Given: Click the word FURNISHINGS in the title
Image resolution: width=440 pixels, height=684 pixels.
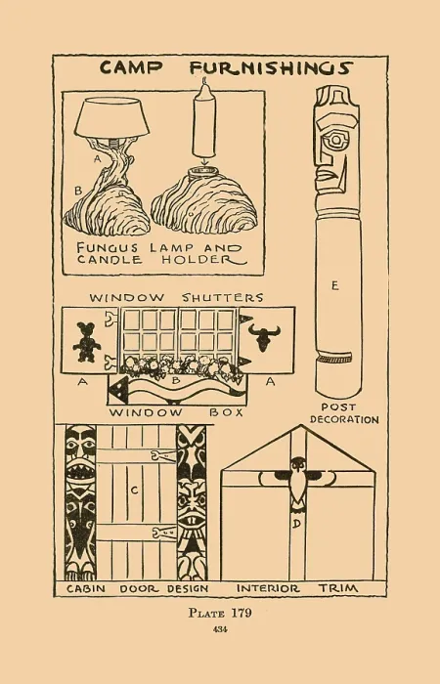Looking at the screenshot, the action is (x=271, y=68).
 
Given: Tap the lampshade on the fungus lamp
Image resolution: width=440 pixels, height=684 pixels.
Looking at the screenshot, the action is (x=111, y=117).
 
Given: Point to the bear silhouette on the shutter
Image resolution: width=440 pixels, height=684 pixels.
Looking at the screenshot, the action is (x=87, y=342).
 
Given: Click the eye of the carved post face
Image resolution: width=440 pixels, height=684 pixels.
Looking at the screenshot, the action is (x=337, y=141).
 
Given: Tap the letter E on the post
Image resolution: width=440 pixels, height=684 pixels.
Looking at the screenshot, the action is (x=334, y=285).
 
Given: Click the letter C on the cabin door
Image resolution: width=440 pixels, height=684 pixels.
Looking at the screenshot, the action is (x=135, y=491).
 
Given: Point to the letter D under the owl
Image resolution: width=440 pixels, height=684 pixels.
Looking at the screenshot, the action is (x=296, y=524).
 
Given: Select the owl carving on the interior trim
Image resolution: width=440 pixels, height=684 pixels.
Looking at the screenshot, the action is (x=298, y=481).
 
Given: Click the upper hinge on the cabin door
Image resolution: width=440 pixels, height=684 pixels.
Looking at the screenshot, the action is (x=163, y=456).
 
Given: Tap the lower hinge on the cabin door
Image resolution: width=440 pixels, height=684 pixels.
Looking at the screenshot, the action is (x=164, y=533).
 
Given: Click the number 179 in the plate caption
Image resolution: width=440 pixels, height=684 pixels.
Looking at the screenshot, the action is (x=241, y=613).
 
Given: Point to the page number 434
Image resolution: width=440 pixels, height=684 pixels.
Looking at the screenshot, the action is (x=220, y=629).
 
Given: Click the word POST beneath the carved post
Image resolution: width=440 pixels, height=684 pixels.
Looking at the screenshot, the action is (x=338, y=407).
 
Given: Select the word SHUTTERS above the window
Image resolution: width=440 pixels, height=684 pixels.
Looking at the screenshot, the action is (x=223, y=297).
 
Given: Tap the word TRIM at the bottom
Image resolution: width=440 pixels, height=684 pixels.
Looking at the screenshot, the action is (x=338, y=588).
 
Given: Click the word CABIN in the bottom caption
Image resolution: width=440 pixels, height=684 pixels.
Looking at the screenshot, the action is (x=86, y=589).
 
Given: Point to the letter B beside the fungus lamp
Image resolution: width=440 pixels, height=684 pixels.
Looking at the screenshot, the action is (x=78, y=191).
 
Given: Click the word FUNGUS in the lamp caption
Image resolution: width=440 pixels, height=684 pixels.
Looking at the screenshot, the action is (x=108, y=248).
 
